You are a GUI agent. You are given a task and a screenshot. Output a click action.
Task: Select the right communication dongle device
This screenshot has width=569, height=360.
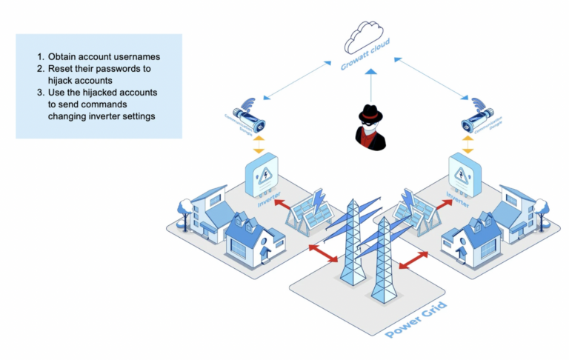479,119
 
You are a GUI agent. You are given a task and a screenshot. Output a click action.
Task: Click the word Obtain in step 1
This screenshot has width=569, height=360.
64,56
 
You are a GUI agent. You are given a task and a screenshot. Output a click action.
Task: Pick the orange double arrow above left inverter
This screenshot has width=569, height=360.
259,144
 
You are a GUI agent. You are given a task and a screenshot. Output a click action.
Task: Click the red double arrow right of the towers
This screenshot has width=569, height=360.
416,261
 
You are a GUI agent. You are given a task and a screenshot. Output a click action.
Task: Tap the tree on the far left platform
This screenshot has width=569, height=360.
182,210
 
